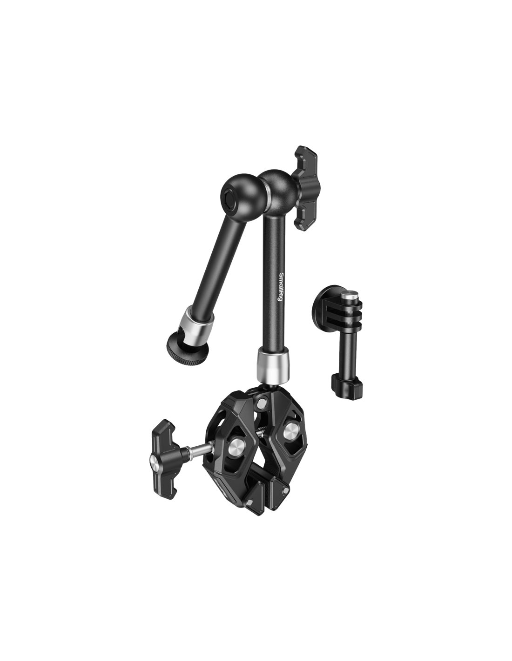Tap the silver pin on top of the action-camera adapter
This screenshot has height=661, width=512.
[348, 296]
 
